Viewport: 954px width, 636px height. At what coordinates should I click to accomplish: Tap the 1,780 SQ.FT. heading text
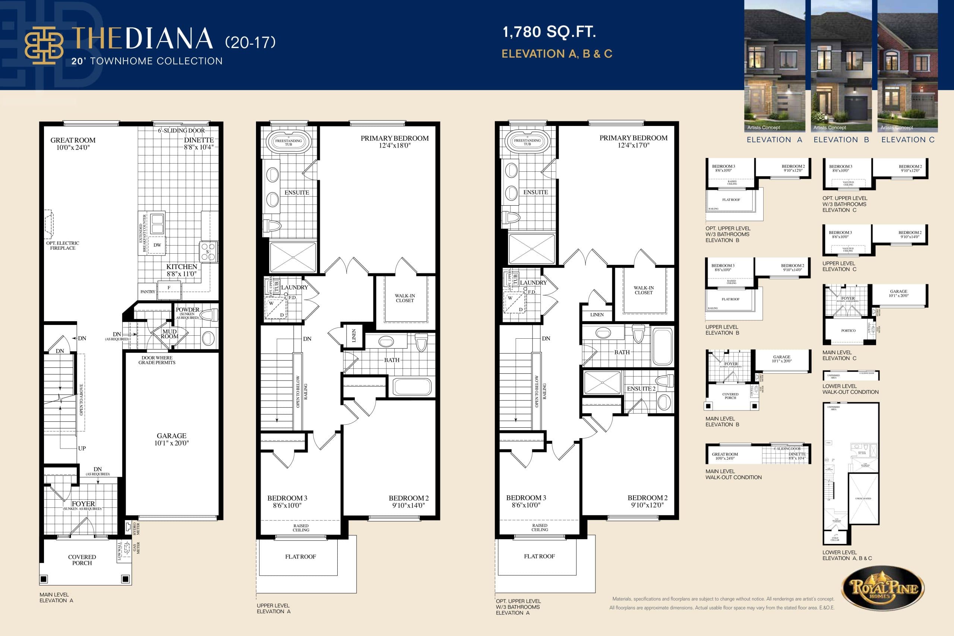(x=549, y=32)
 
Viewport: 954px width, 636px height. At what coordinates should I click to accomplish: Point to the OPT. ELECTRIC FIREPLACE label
(x=63, y=246)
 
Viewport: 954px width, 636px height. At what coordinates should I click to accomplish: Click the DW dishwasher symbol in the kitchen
(x=157, y=245)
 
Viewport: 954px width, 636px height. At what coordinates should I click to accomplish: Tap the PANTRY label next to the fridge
(x=148, y=292)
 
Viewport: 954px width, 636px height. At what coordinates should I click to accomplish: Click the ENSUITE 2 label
(x=641, y=389)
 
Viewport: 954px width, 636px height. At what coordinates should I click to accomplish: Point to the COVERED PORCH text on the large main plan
(x=82, y=560)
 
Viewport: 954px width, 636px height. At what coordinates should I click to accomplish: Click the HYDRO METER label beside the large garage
(x=137, y=529)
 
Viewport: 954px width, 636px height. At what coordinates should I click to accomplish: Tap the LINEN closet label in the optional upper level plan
(x=597, y=315)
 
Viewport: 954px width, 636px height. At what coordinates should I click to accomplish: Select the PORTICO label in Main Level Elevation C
(x=848, y=330)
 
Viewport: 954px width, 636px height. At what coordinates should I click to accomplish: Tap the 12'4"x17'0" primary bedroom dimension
(x=633, y=145)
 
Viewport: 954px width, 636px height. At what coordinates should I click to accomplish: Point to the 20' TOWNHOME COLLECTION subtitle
(x=147, y=61)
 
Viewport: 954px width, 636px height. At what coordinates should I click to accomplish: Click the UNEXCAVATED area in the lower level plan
(x=863, y=498)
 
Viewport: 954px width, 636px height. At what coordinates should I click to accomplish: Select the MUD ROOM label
(x=170, y=334)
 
